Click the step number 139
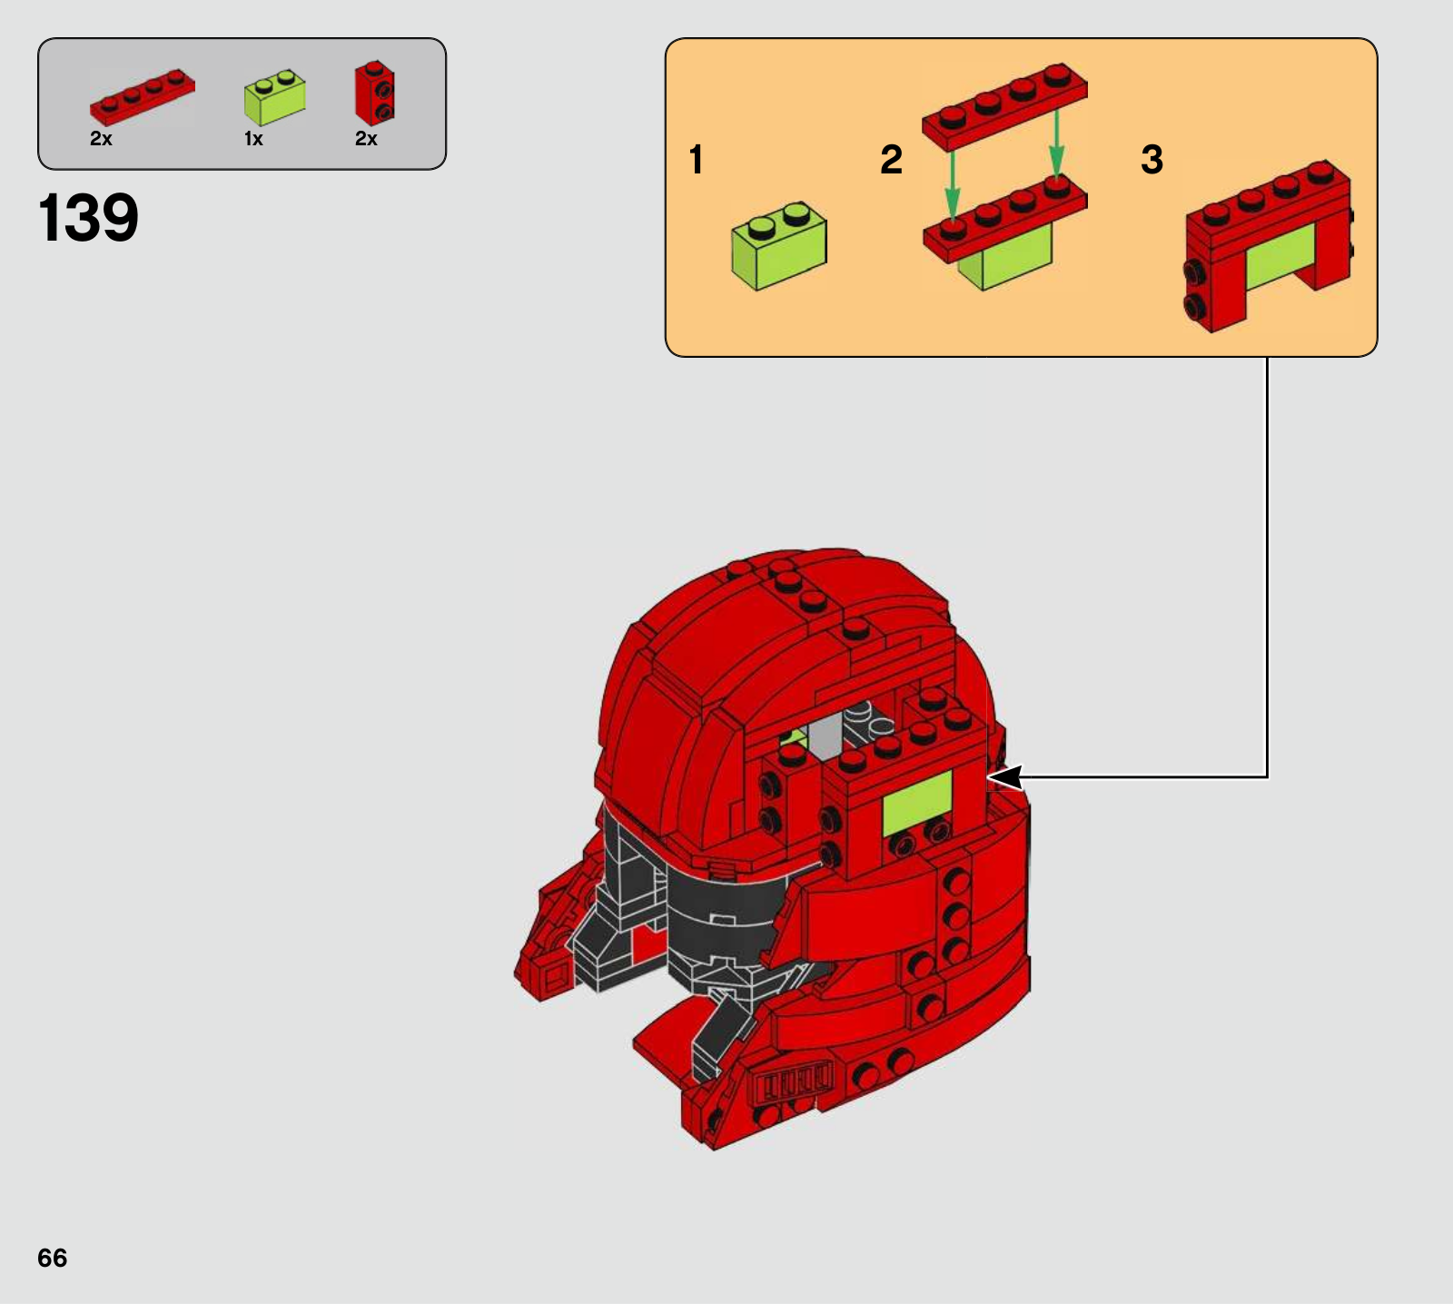pyautogui.click(x=88, y=218)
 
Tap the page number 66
pyautogui.click(x=53, y=1258)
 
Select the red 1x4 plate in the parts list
pyautogui.click(x=142, y=96)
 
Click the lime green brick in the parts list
pyautogui.click(x=274, y=97)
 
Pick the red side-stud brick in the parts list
pyautogui.click(x=374, y=93)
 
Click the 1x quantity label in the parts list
pyautogui.click(x=253, y=139)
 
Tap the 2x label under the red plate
pyautogui.click(x=101, y=139)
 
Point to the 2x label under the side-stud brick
pyautogui.click(x=366, y=139)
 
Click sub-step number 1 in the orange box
pyautogui.click(x=697, y=160)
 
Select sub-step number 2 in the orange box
pyautogui.click(x=892, y=160)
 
